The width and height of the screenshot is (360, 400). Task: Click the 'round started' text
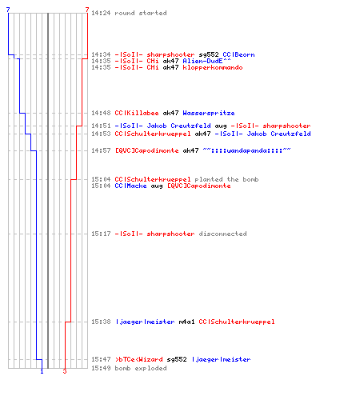141,13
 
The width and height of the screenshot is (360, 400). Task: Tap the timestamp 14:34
101,54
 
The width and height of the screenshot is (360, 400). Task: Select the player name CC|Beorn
238,54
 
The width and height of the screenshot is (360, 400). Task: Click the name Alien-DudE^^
206,61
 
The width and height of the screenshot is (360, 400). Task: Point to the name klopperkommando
213,67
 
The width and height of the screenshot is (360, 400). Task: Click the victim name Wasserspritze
209,113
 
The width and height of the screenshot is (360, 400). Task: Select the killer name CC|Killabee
137,113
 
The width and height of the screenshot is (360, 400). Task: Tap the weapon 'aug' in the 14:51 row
221,126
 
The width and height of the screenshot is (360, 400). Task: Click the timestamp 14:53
101,134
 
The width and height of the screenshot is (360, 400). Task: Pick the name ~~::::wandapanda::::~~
246,150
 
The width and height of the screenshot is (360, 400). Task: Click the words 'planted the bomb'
226,179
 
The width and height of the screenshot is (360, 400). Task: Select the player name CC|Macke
130,186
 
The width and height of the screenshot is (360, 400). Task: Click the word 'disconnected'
222,234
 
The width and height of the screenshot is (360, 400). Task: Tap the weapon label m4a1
186,322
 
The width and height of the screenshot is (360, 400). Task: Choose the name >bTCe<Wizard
139,359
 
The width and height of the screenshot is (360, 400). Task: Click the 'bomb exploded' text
141,368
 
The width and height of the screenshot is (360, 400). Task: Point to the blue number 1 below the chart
42,371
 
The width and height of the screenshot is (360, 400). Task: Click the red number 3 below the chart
65,371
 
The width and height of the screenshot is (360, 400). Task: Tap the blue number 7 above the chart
8,10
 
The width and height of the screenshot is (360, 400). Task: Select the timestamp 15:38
101,322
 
